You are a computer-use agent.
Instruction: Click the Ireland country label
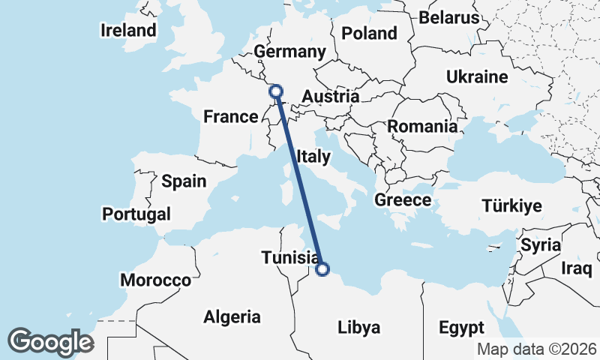(129, 31)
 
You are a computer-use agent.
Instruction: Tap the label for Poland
(368, 33)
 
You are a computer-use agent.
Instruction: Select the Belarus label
(448, 17)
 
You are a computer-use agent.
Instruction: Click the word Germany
(289, 52)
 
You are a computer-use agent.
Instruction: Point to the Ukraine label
(477, 77)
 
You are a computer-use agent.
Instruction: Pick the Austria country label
(330, 97)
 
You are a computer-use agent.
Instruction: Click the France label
(231, 117)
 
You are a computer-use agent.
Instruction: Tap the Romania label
(422, 127)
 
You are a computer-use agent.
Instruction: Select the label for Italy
(313, 157)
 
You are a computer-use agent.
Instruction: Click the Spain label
(184, 181)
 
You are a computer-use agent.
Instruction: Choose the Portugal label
(136, 214)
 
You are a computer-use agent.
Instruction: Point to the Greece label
(403, 200)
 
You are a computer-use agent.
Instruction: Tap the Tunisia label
(289, 258)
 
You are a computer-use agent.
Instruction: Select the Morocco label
(155, 280)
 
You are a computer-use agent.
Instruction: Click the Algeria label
(232, 317)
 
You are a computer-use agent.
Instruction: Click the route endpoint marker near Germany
(276, 91)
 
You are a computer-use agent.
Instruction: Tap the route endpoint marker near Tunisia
(322, 269)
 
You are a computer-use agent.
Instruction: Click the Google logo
(51, 341)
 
